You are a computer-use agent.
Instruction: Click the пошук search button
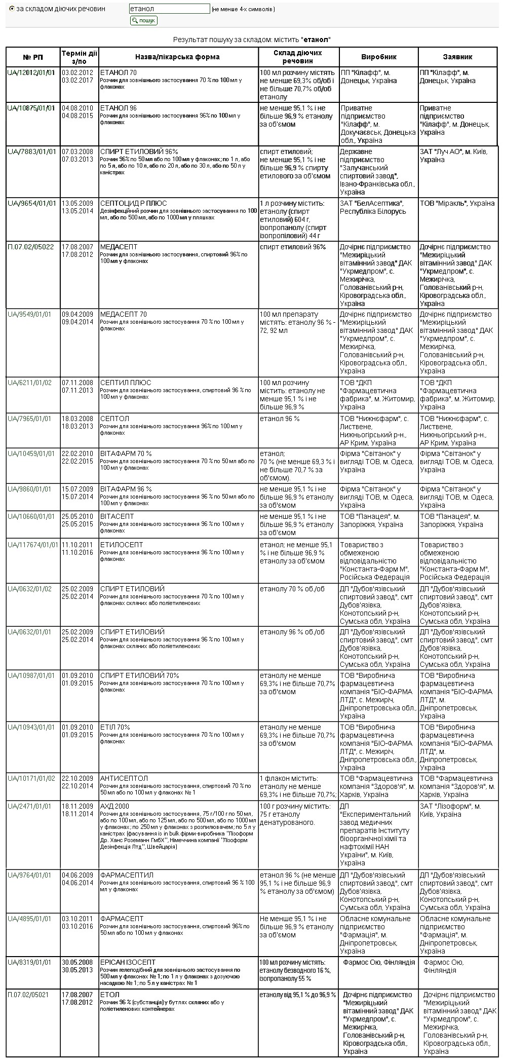click(x=144, y=20)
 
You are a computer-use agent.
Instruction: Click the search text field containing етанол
click(x=169, y=9)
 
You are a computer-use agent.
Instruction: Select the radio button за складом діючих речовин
click(x=12, y=9)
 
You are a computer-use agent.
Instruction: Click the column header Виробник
click(x=378, y=57)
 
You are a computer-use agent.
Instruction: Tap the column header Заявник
click(x=457, y=57)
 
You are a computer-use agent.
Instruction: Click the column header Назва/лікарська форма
click(x=177, y=57)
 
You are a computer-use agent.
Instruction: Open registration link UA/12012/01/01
click(x=31, y=72)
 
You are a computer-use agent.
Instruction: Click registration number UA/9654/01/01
click(x=31, y=203)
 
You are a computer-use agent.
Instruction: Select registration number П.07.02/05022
click(x=30, y=247)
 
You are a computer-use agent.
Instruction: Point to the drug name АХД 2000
click(x=114, y=806)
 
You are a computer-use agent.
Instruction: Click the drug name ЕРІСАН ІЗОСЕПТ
click(x=128, y=962)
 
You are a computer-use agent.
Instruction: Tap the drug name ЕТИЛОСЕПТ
click(x=122, y=545)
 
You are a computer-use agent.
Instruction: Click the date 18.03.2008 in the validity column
click(x=77, y=419)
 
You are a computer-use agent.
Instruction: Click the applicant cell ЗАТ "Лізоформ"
click(x=450, y=806)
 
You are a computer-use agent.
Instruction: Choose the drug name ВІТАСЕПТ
click(x=117, y=516)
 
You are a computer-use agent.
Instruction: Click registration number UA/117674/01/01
click(x=33, y=545)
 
